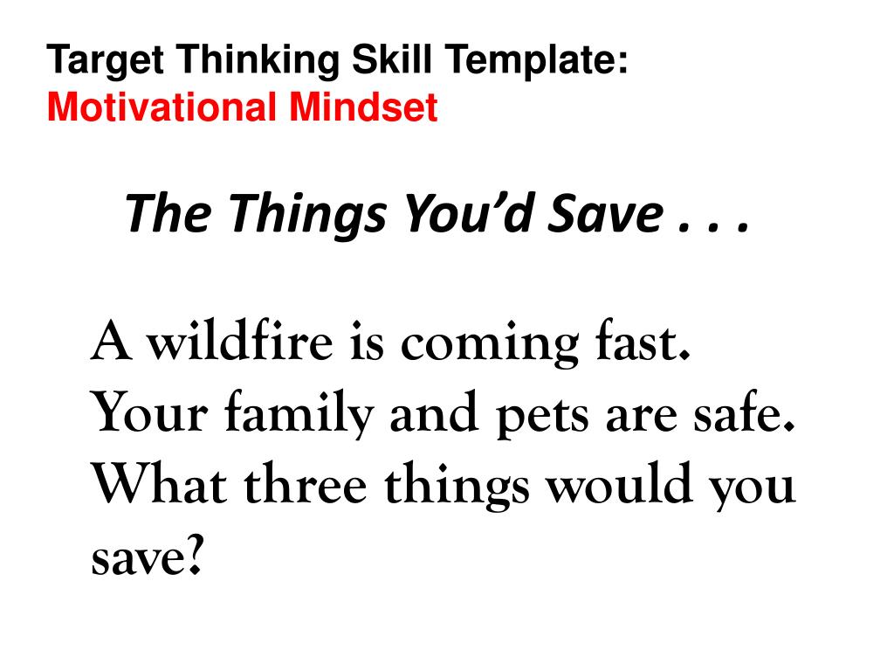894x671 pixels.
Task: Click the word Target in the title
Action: (106, 60)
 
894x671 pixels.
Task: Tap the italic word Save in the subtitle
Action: (607, 212)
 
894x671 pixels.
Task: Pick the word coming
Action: (490, 344)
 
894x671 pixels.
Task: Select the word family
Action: (299, 413)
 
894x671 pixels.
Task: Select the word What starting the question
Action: (160, 484)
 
